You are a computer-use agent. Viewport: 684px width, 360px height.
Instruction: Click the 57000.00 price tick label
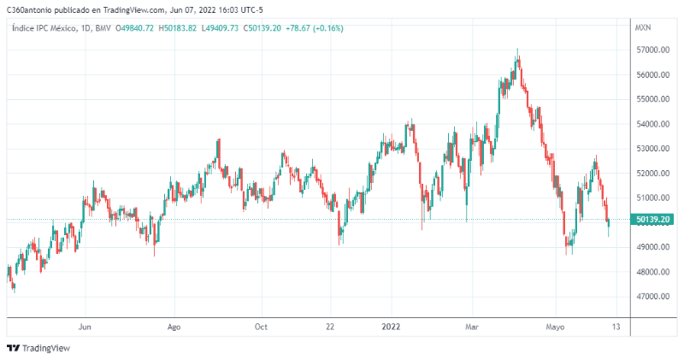pyautogui.click(x=652, y=50)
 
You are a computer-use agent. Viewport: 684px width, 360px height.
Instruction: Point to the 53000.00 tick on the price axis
pyautogui.click(x=652, y=149)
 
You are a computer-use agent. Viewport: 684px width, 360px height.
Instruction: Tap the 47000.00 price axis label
pyautogui.click(x=652, y=297)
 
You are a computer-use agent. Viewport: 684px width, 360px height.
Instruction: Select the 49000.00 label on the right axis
pyautogui.click(x=652, y=247)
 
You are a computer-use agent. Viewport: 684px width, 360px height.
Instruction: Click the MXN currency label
pyautogui.click(x=643, y=28)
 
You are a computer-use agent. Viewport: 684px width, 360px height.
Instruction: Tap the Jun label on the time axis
pyautogui.click(x=84, y=327)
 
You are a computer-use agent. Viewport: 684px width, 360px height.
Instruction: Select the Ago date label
pyautogui.click(x=174, y=327)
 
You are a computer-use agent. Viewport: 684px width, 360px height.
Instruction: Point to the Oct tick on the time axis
pyautogui.click(x=262, y=327)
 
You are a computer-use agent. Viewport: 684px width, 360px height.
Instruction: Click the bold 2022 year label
pyautogui.click(x=391, y=327)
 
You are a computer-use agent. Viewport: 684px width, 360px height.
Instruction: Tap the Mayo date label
pyautogui.click(x=556, y=327)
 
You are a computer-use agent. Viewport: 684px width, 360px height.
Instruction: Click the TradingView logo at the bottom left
pyautogui.click(x=38, y=348)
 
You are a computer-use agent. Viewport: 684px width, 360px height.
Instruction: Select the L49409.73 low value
pyautogui.click(x=221, y=28)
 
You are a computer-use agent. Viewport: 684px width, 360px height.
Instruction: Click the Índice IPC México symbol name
pyautogui.click(x=42, y=28)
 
